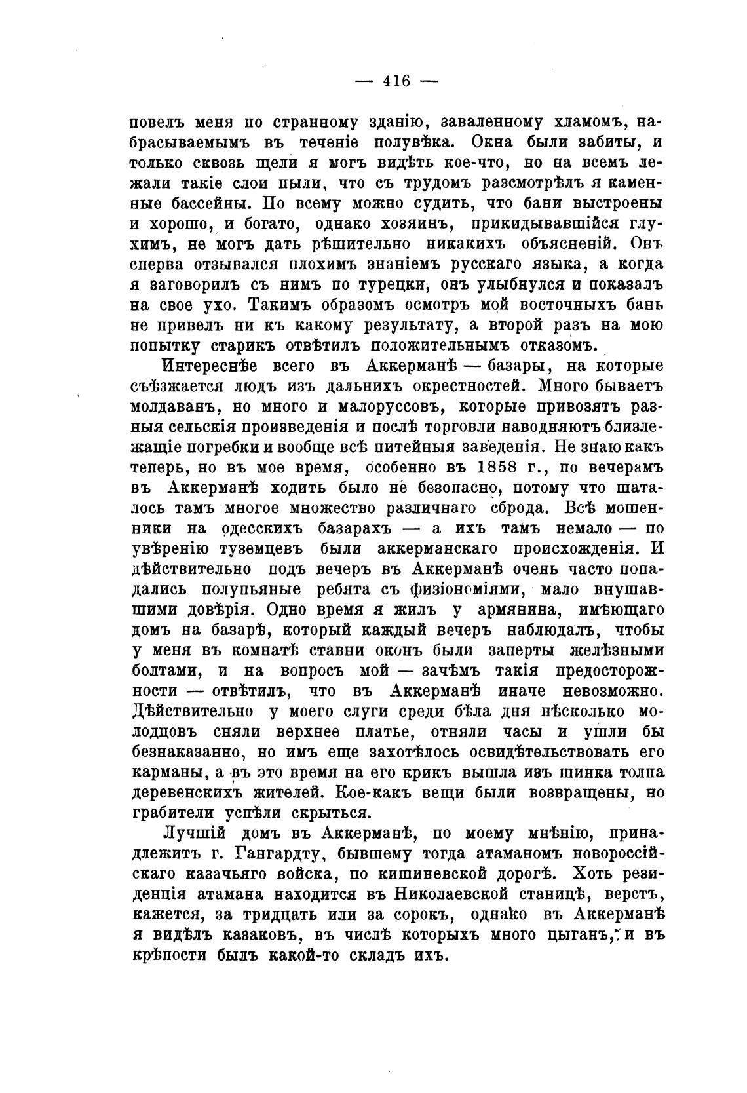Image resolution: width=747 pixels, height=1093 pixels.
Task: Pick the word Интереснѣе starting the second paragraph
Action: tap(212, 366)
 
